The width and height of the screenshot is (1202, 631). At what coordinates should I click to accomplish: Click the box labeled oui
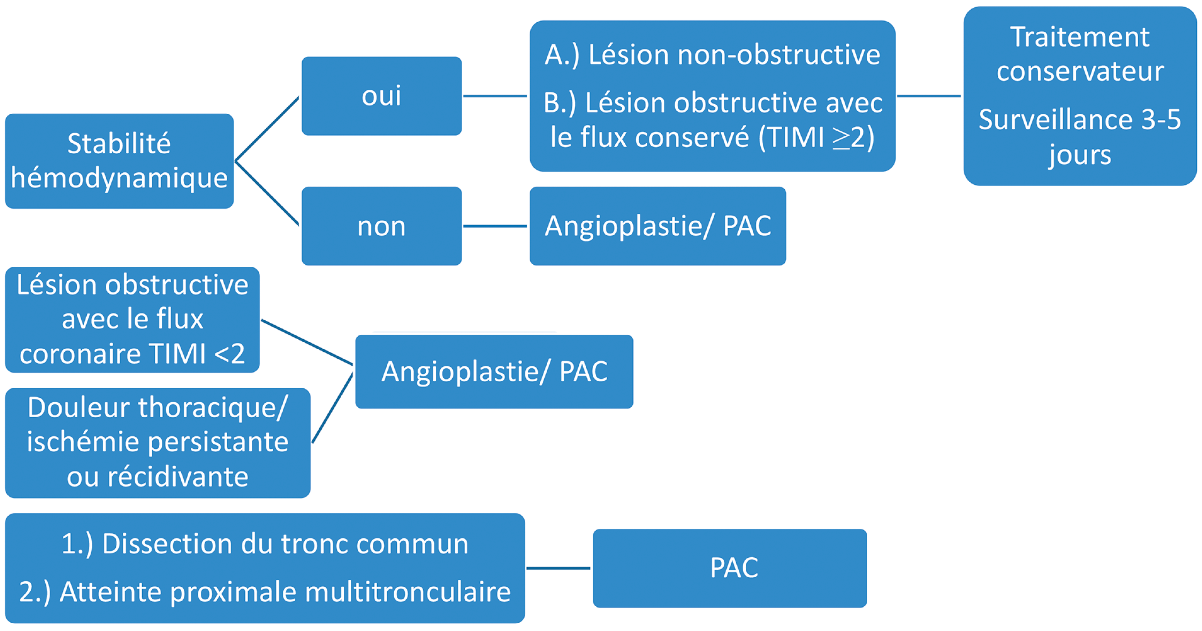[381, 96]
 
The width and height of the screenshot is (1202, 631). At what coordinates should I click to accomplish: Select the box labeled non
[381, 226]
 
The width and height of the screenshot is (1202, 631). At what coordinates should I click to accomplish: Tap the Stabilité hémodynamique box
[119, 161]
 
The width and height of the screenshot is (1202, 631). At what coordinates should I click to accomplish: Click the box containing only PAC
[730, 568]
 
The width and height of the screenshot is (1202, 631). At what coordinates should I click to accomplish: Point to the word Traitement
[1079, 37]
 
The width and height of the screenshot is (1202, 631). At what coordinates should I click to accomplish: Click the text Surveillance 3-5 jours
[1079, 136]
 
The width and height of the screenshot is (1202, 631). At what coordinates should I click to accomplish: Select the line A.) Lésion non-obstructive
[712, 55]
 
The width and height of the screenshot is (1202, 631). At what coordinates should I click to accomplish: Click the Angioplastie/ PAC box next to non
[657, 226]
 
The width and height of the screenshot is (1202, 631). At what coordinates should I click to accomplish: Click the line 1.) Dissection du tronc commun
[265, 544]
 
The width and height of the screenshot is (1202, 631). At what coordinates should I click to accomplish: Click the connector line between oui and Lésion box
[495, 96]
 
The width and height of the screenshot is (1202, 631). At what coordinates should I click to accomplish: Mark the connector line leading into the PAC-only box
[558, 568]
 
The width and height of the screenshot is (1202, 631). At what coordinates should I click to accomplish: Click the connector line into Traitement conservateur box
[929, 96]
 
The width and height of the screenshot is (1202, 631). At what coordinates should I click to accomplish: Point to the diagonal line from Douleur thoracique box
[332, 408]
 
